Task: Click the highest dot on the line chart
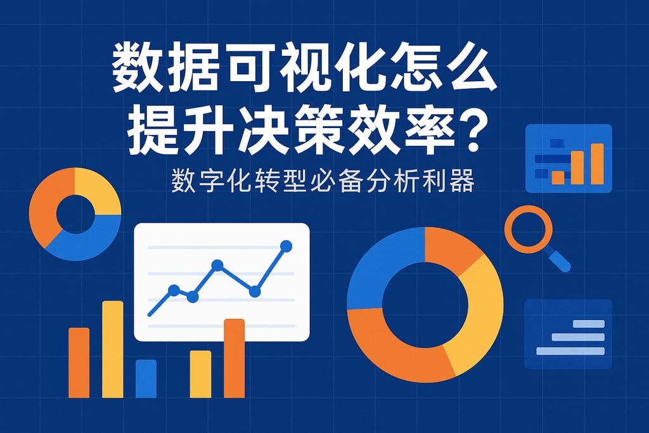click(x=286, y=245)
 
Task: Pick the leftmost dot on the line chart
click(x=174, y=290)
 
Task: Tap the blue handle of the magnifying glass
click(x=558, y=259)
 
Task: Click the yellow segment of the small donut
click(x=95, y=190)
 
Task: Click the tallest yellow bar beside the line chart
click(x=113, y=349)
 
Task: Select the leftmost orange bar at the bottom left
click(x=79, y=362)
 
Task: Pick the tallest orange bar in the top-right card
click(x=597, y=164)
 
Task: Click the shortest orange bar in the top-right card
click(x=558, y=177)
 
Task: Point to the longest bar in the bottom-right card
click(x=570, y=351)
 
